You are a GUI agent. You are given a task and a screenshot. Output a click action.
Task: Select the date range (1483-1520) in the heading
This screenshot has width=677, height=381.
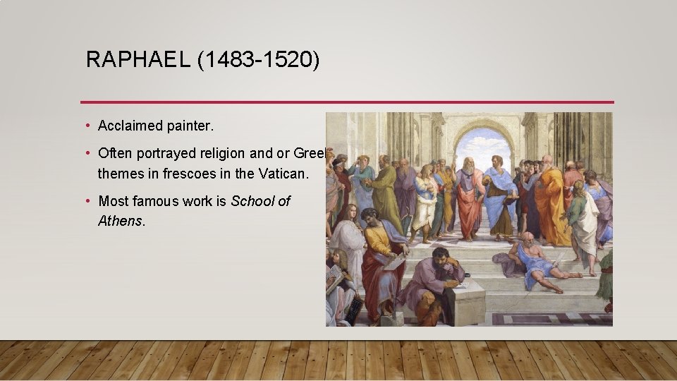point(258,60)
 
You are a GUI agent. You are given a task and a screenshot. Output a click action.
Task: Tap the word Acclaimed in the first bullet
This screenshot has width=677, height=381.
point(130,126)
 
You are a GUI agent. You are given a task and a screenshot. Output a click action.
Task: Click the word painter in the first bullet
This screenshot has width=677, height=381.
point(190,126)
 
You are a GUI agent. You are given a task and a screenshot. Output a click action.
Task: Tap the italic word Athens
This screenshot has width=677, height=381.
point(120,221)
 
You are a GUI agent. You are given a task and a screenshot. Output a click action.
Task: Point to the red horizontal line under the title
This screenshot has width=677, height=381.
point(346,102)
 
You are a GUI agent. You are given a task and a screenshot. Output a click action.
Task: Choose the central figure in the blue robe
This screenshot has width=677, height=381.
point(500,198)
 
